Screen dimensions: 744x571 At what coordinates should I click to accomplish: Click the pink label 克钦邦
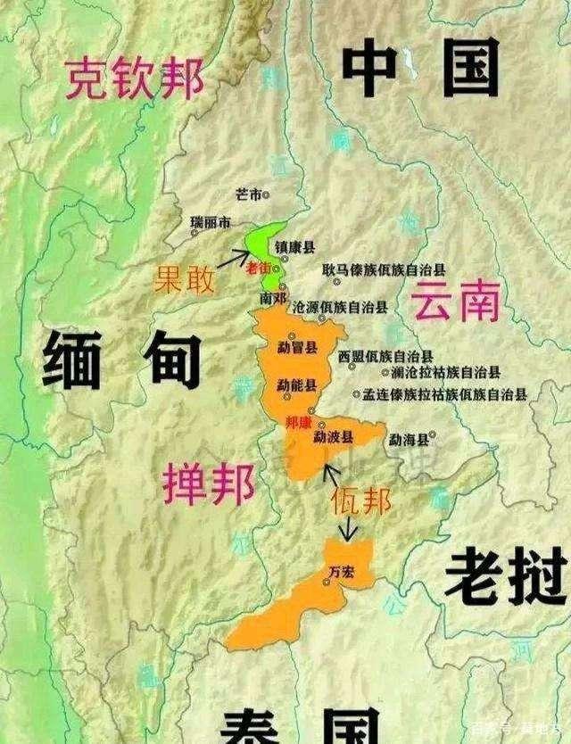tap(133, 78)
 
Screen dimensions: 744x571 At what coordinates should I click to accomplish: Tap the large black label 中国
tap(420, 71)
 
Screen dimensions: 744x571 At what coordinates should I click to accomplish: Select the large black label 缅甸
tap(120, 358)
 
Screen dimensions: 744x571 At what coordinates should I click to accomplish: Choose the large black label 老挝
tap(505, 575)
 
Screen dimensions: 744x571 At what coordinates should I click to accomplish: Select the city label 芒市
tap(248, 194)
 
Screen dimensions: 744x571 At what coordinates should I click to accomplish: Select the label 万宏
tap(341, 570)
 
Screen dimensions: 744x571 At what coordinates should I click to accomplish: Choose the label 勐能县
tap(296, 384)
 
